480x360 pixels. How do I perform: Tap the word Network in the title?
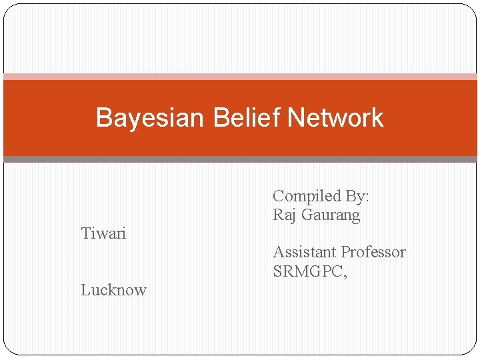[335, 118]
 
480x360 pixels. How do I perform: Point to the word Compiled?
[307, 197]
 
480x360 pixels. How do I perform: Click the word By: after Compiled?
[357, 197]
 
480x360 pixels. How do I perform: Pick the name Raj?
[285, 215]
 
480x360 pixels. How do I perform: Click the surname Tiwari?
[103, 233]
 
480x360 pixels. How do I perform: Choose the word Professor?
[373, 252]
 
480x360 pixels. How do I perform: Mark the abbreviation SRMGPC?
[307, 271]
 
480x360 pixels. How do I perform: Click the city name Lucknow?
[113, 290]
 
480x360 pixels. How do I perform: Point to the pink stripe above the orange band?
[240, 77]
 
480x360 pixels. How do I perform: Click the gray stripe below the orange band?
[240, 159]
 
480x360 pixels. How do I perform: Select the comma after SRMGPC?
[345, 275]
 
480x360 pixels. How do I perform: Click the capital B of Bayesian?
[103, 118]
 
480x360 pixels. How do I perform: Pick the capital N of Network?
[295, 118]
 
